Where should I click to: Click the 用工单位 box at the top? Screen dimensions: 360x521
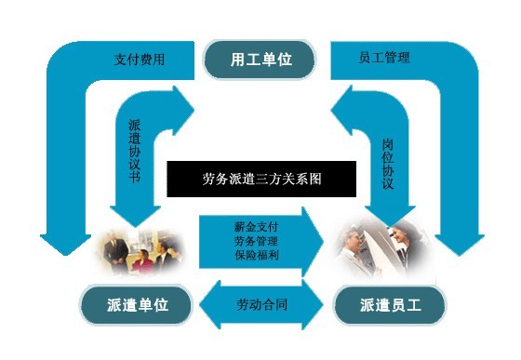coord(261,59)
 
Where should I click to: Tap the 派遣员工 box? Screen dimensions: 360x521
coord(389,304)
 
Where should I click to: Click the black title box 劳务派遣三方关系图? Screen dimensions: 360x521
coord(260,177)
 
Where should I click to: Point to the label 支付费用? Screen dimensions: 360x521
coord(140,59)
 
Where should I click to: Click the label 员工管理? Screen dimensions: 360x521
coord(383,58)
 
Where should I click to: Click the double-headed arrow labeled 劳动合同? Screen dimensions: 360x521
coord(261,303)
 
